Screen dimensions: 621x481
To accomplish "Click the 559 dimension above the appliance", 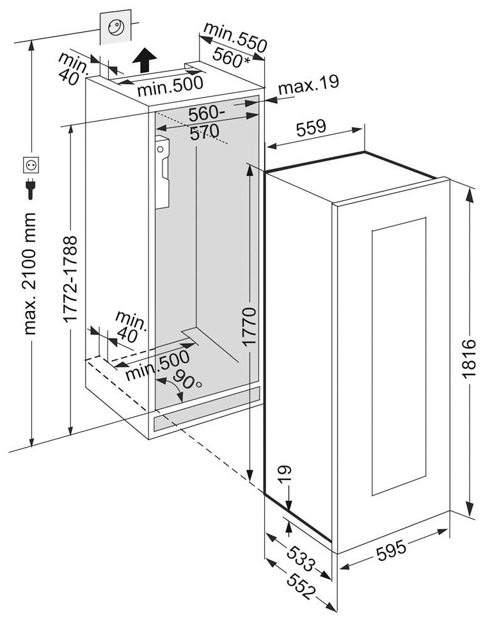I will tap(311, 128).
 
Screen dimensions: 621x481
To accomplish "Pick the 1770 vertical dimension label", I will tap(249, 327).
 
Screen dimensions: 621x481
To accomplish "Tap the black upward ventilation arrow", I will tap(146, 61).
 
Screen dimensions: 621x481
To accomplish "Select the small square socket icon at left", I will tap(30, 165).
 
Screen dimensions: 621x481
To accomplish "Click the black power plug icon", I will tap(30, 188).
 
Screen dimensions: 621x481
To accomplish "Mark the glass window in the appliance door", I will tap(398, 355).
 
